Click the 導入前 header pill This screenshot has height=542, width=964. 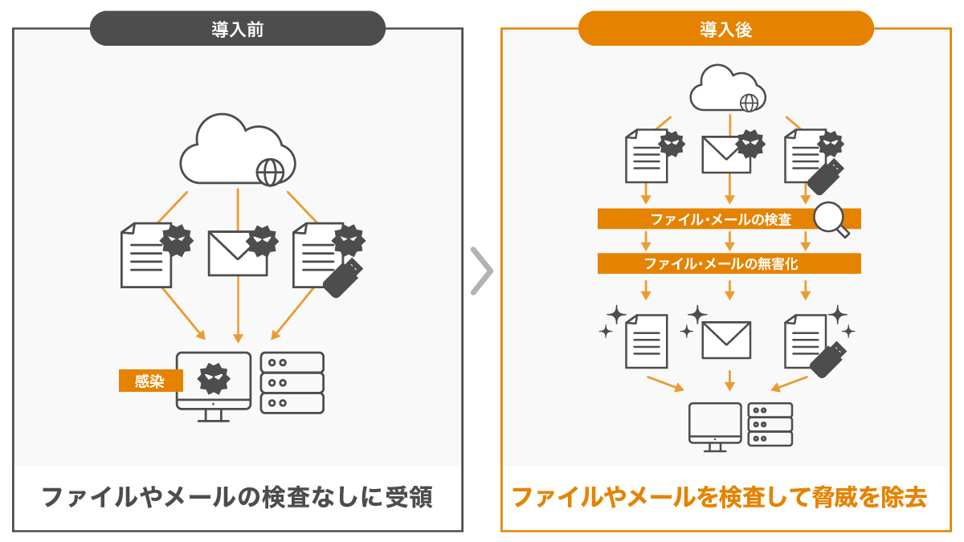[238, 29]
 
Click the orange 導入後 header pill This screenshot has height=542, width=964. [725, 29]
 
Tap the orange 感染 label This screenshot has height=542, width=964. [150, 381]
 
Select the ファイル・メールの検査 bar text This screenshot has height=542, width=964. [721, 219]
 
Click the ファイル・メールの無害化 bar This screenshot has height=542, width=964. [729, 263]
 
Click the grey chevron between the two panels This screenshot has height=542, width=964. [481, 271]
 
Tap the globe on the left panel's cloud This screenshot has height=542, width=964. [270, 172]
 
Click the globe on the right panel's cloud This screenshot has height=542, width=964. [749, 103]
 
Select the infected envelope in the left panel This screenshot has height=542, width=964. [238, 253]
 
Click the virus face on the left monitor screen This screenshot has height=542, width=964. [214, 377]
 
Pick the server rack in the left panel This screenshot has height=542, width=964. [292, 382]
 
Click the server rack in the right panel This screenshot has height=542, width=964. [770, 424]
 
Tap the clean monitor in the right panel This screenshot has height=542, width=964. [715, 424]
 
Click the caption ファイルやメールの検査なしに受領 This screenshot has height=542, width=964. [237, 498]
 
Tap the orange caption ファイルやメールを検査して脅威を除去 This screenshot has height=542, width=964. [719, 498]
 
